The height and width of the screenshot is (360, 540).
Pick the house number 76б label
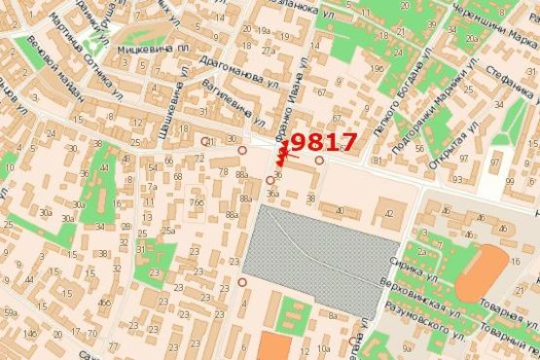pos(197,202)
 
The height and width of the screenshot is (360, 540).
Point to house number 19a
pos(264,32)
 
